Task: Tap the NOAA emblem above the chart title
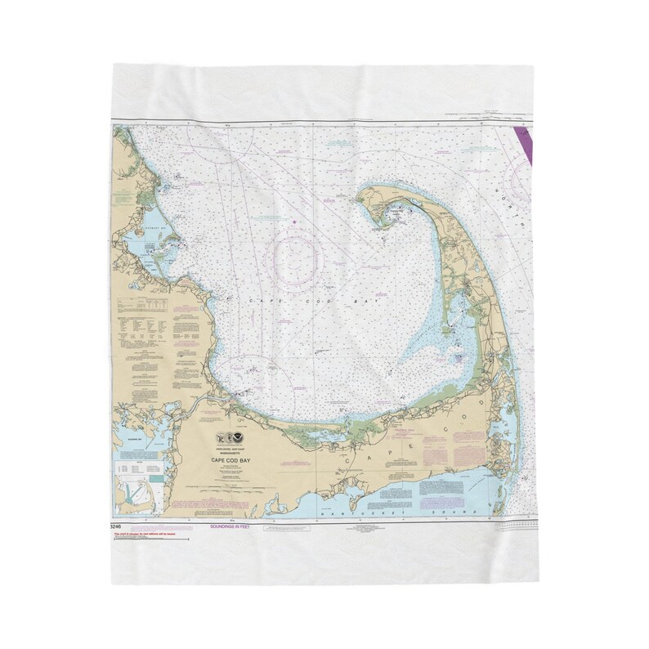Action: (241, 437)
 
